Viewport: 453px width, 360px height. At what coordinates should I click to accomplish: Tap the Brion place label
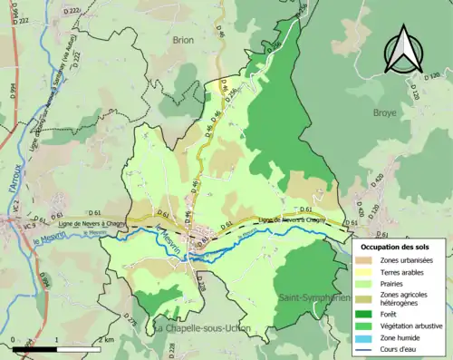click(x=184, y=40)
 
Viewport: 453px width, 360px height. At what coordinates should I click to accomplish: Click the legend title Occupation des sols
click(x=395, y=247)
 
